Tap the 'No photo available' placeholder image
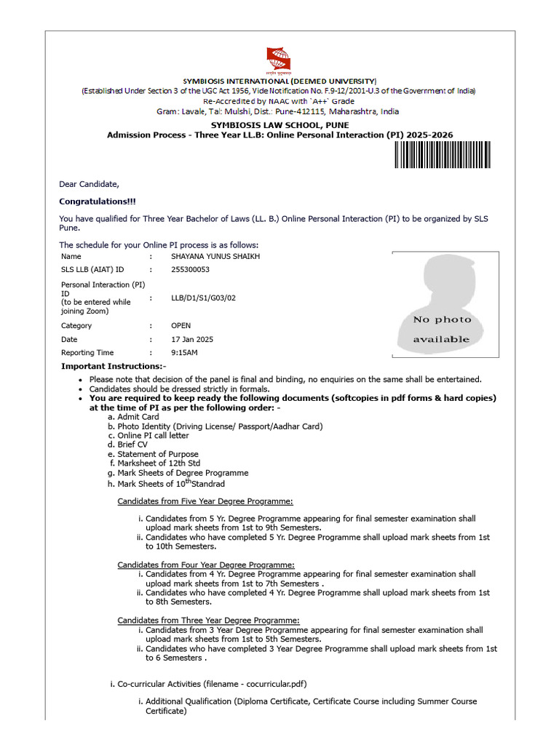point(445,304)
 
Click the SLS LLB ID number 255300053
point(190,270)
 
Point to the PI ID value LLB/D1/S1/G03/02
point(203,298)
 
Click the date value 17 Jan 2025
point(192,340)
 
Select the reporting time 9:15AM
point(184,353)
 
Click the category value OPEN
point(182,326)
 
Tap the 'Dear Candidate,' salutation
point(89,184)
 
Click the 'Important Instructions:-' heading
point(114,366)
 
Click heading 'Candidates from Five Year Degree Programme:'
point(205,501)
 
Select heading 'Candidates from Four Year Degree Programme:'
point(206,565)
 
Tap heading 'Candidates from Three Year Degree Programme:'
point(208,620)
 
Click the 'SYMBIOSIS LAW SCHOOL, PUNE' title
point(279,125)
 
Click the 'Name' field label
point(71,256)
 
